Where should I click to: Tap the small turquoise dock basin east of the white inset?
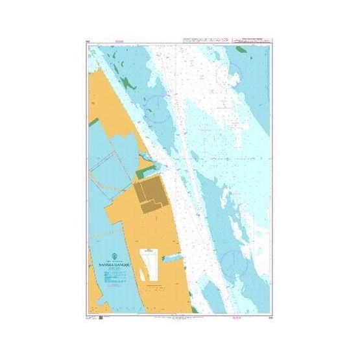pos(171,258)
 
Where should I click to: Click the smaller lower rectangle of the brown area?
pos(150,206)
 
